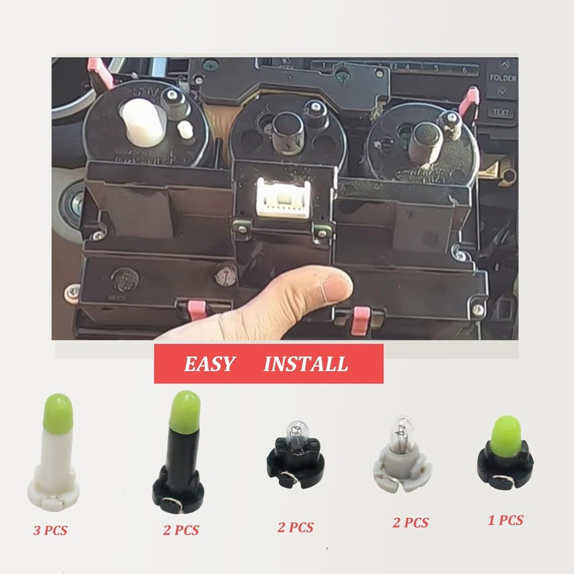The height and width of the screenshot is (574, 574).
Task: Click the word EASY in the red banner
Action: [209, 364]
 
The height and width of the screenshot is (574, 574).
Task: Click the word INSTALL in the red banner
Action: [305, 364]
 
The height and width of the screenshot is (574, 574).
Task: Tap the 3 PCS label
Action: [50, 530]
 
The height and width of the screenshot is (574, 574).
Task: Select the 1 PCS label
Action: [505, 521]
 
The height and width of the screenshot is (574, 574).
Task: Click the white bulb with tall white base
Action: [53, 453]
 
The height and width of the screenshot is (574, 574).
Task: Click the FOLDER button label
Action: [503, 77]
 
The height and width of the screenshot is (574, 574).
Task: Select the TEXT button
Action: [501, 112]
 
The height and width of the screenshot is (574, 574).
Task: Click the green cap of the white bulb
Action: [57, 409]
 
